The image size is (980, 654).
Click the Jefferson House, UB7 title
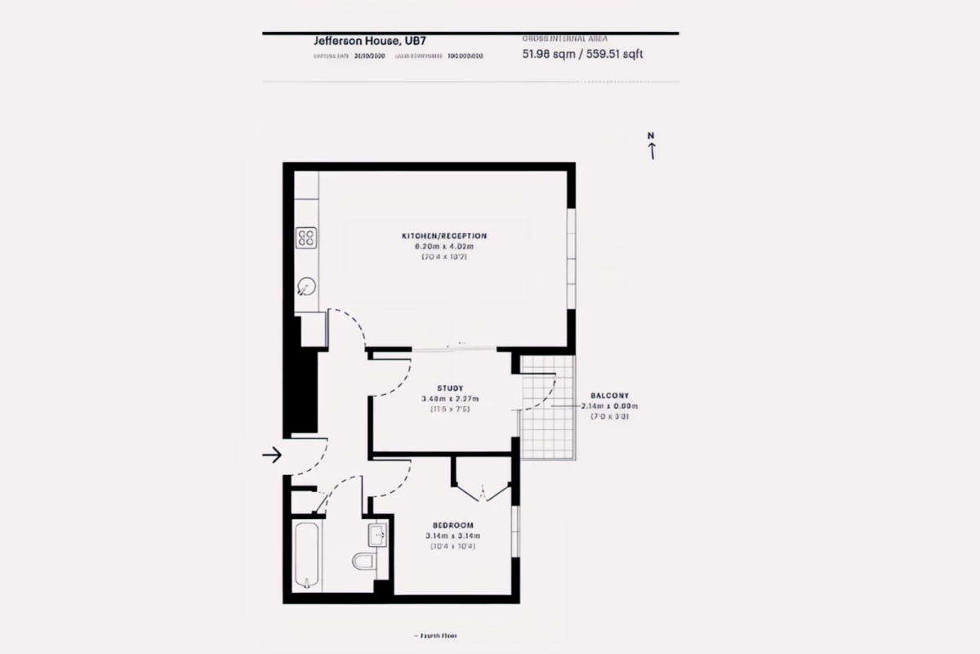click(358, 40)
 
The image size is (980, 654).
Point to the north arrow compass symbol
click(651, 146)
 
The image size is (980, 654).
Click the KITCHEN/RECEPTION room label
click(443, 236)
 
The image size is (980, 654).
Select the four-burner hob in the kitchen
click(306, 238)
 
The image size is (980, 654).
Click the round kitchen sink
click(306, 286)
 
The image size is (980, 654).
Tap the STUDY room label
click(450, 388)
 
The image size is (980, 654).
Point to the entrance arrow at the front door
click(272, 455)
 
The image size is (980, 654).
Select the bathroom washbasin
click(378, 535)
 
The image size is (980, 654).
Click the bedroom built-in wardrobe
click(483, 479)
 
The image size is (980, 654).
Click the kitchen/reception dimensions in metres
click(444, 246)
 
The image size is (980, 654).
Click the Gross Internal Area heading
click(564, 38)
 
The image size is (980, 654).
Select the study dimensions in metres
click(450, 398)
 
